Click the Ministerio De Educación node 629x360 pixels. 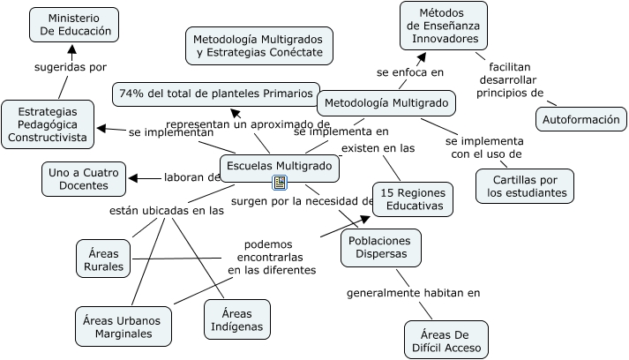(x=73, y=24)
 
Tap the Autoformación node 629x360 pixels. (x=580, y=119)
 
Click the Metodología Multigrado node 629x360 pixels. (x=386, y=103)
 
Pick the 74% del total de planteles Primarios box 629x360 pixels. (x=216, y=93)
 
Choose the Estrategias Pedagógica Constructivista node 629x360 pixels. (x=48, y=124)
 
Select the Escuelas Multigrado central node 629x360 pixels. (x=279, y=166)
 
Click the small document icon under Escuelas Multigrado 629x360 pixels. (x=280, y=183)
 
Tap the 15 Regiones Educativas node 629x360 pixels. (x=412, y=199)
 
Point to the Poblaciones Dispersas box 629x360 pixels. (x=380, y=247)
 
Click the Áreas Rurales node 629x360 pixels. (x=103, y=258)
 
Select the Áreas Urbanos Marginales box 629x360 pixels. (x=123, y=326)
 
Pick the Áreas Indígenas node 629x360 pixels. (x=236, y=319)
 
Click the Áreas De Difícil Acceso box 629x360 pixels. (x=446, y=340)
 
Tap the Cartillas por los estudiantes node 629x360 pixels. (x=524, y=185)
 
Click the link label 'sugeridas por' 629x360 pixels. (x=71, y=66)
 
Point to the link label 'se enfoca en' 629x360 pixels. (x=409, y=71)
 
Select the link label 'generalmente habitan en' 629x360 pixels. (x=413, y=293)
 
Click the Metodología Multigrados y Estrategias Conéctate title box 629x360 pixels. (x=258, y=46)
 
